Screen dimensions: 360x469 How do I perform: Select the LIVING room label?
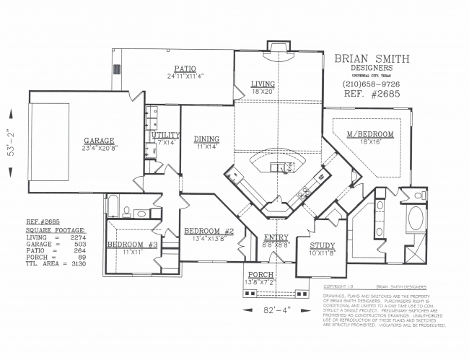point(263,84)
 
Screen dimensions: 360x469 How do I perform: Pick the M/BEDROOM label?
point(369,134)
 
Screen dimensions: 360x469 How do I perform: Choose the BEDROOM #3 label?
point(132,245)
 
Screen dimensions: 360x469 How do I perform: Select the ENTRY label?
point(276,237)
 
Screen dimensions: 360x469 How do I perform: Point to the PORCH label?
point(260,275)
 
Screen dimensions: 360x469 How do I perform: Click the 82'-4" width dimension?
point(273,311)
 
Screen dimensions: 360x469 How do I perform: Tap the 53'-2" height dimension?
point(9,143)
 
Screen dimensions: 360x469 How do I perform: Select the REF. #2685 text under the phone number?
point(368,94)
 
